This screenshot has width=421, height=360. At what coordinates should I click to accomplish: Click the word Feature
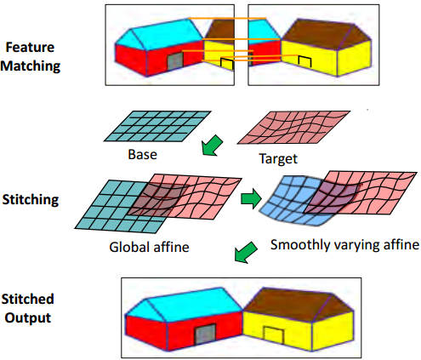coord(30,47)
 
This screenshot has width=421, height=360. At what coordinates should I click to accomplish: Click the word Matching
coord(30,66)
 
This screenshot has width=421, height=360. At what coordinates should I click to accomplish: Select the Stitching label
coord(31,200)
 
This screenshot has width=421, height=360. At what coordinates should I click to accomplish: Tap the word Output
coord(28,318)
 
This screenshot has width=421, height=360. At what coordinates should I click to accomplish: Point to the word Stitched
coord(27,299)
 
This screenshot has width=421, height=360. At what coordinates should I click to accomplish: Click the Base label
coord(142,155)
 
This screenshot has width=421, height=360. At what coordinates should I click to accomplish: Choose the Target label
coord(278,159)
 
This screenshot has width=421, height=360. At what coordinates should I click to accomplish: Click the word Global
coord(126,247)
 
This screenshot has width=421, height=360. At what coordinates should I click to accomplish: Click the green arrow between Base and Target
coord(212,146)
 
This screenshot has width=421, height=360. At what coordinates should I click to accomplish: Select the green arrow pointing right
coord(251,198)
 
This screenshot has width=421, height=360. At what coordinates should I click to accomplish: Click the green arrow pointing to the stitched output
coord(246,252)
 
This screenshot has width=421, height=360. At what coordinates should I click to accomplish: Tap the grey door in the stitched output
coord(205,334)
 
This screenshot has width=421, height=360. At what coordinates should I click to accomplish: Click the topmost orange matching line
coord(227,19)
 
